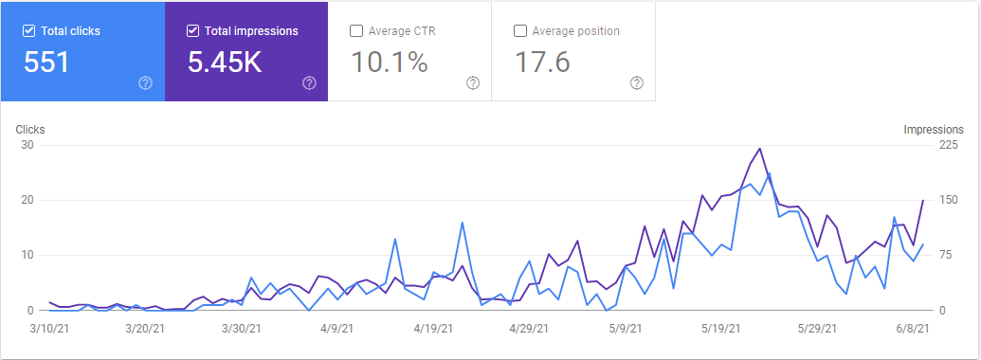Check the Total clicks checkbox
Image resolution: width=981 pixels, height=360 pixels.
tap(28, 31)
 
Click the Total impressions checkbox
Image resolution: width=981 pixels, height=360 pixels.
tap(193, 31)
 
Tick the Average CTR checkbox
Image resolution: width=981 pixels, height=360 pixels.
tap(356, 31)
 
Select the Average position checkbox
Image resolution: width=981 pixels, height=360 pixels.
tap(519, 31)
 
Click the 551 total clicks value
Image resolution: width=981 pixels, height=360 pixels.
tap(47, 63)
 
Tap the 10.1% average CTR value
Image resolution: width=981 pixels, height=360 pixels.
tap(390, 63)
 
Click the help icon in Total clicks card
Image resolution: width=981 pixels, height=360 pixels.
tap(145, 83)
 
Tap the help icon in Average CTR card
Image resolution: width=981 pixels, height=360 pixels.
tap(473, 83)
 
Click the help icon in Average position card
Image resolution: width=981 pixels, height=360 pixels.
tap(637, 83)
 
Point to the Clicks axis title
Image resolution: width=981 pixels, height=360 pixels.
tap(31, 130)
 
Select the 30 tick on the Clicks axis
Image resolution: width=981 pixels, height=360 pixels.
tap(27, 145)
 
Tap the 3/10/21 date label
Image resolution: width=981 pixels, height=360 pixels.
tap(49, 329)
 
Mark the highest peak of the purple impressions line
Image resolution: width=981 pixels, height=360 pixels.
tap(759, 149)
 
